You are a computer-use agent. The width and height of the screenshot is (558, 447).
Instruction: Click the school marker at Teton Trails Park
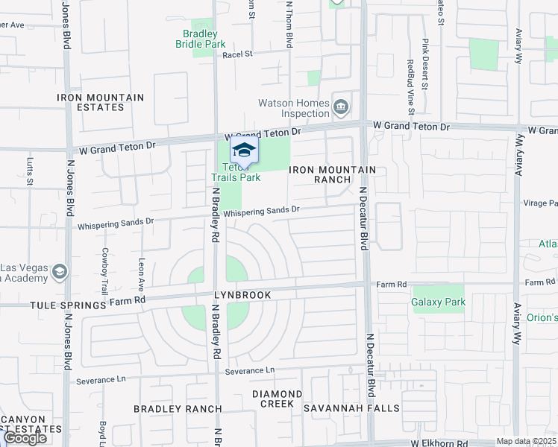point(244,150)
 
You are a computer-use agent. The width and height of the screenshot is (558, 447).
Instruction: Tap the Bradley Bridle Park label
point(201,39)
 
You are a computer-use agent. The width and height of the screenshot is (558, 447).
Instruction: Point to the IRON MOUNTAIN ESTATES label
point(101,102)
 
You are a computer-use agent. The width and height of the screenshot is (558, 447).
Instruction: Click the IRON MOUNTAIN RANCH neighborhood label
point(332,174)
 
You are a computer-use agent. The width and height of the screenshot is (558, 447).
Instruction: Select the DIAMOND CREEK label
point(277,399)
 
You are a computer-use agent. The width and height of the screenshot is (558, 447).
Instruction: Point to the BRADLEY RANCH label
point(178,408)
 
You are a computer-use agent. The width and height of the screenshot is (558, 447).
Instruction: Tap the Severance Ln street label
point(250,370)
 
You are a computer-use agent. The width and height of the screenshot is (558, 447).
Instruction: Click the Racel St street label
point(238,54)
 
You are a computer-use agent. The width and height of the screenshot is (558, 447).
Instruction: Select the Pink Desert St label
point(425,64)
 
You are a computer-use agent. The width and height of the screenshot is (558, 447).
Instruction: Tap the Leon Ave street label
point(141,275)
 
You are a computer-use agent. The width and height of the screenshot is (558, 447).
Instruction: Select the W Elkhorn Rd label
point(430,443)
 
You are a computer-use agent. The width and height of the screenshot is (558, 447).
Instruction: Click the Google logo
point(25,437)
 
